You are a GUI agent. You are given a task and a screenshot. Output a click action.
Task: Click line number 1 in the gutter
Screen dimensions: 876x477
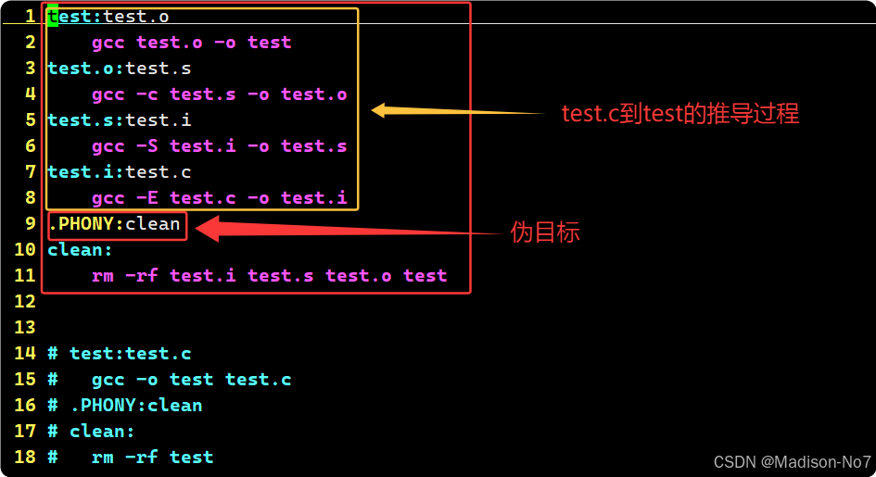pos(30,17)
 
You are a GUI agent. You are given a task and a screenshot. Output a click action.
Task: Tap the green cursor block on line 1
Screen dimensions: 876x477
pos(53,17)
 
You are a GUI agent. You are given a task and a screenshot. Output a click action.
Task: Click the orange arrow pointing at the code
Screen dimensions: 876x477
pos(458,111)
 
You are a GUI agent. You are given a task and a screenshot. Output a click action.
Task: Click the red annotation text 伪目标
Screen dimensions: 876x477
pos(545,232)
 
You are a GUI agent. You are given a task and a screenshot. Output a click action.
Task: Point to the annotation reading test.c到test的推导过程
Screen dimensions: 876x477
pos(679,114)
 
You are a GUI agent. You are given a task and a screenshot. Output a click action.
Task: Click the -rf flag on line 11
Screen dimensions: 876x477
pos(142,276)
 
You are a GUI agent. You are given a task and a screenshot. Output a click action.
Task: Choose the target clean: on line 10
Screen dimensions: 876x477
pos(80,250)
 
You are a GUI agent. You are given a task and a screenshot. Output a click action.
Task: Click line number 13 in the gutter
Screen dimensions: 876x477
pos(24,328)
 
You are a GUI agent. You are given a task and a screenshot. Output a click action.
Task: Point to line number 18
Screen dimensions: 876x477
pos(24,458)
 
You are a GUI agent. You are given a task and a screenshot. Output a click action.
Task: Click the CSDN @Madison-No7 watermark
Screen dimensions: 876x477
pos(792,461)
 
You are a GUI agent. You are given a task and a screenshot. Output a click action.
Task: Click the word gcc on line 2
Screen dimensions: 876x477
pos(108,43)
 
